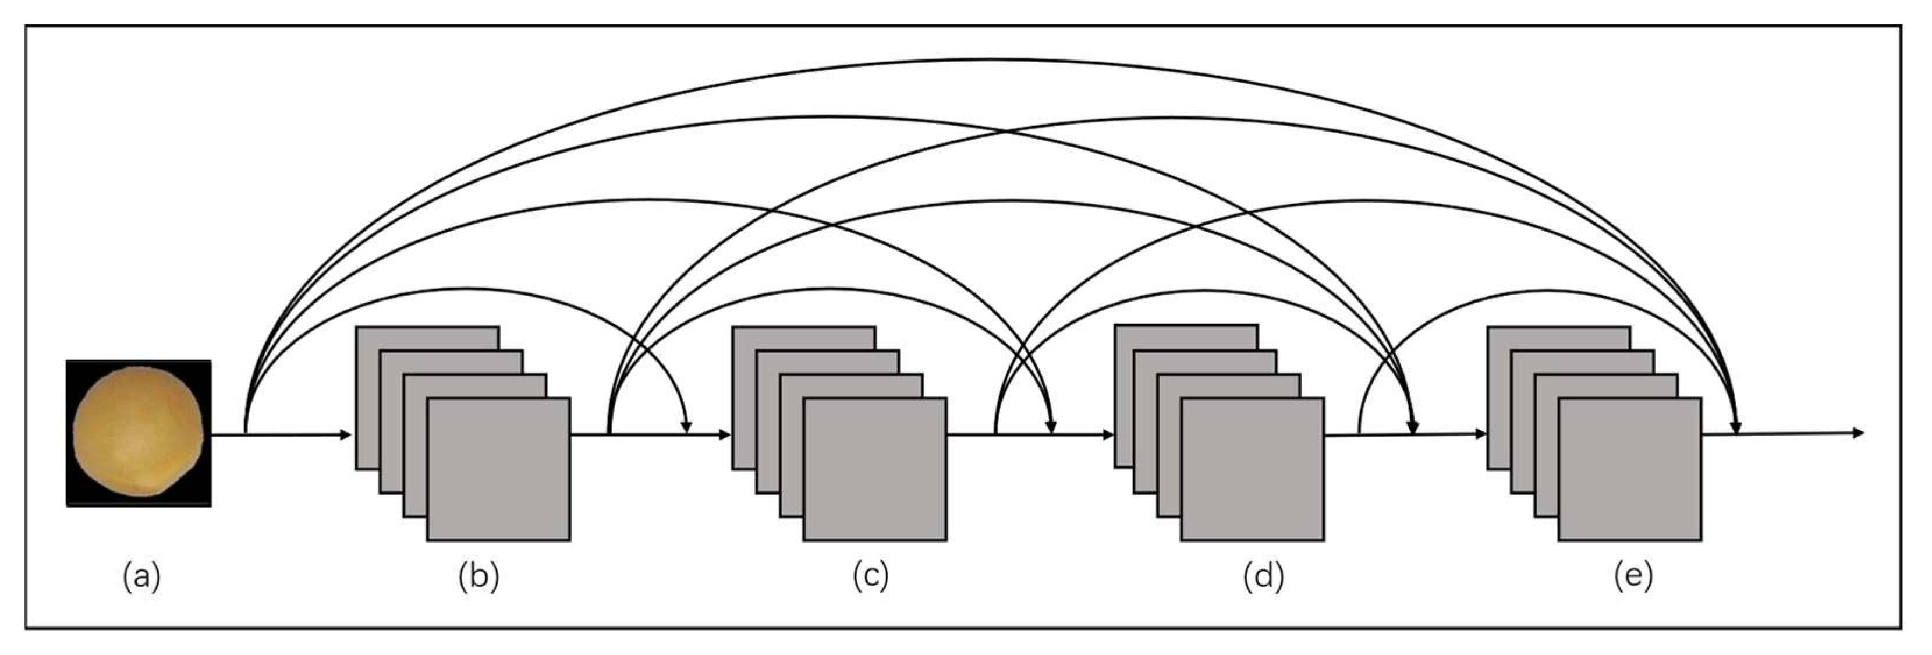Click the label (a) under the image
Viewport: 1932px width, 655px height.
tap(141, 577)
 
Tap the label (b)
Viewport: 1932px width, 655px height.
tap(478, 577)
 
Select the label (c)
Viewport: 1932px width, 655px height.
tap(870, 577)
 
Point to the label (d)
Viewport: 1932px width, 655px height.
tap(1263, 577)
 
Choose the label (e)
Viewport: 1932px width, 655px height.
tap(1633, 577)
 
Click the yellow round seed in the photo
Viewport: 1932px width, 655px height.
tap(138, 431)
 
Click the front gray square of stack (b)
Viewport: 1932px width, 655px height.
tap(498, 469)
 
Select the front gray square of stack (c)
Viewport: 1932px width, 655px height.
tap(874, 469)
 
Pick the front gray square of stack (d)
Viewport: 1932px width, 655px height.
tap(1252, 469)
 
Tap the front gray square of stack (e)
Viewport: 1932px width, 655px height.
tap(1629, 469)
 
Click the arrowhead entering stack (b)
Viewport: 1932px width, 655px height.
tap(346, 434)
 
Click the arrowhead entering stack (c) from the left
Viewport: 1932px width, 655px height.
tap(725, 434)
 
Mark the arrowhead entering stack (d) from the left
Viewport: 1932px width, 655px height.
tap(1108, 434)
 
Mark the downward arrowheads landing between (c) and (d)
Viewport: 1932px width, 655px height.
tap(1051, 428)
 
